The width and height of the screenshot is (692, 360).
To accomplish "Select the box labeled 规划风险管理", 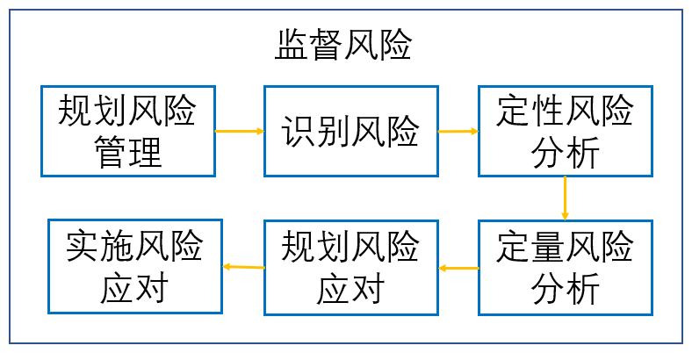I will (127, 131).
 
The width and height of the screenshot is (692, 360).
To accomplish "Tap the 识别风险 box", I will (350, 131).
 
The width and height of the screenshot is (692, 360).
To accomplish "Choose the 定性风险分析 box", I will (565, 131).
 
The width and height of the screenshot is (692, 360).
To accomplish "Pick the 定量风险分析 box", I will (565, 267).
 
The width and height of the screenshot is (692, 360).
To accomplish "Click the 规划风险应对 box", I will (350, 267).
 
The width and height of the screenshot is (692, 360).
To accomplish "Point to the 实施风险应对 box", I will (134, 267).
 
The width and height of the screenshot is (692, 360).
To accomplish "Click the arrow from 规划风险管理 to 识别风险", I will (239, 131).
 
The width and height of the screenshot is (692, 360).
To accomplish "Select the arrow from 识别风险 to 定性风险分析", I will (458, 131).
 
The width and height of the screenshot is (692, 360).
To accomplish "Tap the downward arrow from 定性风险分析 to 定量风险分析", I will (565, 198).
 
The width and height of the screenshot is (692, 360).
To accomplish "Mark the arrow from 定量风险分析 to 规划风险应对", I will (458, 267).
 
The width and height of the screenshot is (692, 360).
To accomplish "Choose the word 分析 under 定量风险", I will (565, 288).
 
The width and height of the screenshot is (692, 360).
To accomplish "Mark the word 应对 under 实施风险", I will (134, 288).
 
